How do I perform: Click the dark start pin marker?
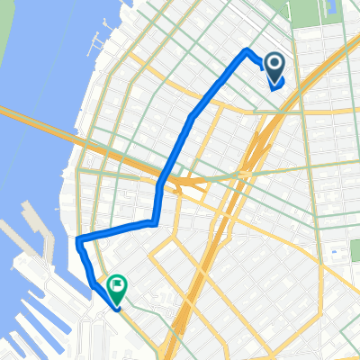point(274,66)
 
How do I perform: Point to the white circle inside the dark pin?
point(274,63)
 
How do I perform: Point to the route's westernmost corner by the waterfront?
point(79,239)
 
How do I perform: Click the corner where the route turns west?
point(155,221)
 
